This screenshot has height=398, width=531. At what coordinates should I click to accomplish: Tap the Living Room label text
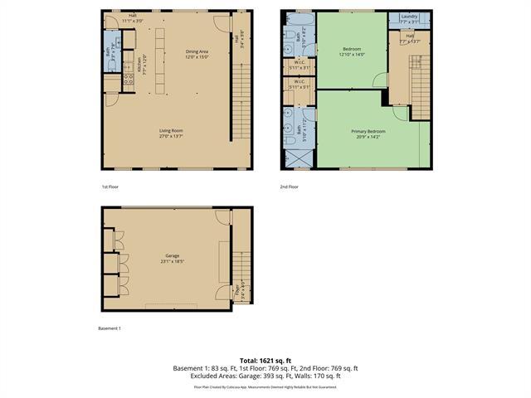[x=171, y=130]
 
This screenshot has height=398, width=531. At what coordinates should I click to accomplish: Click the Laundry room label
[x=409, y=17]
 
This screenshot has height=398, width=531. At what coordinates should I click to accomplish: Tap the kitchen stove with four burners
[x=129, y=80]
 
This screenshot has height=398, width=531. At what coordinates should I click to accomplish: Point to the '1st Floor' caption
[x=110, y=187]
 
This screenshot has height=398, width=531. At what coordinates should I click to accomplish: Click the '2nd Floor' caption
[x=289, y=187]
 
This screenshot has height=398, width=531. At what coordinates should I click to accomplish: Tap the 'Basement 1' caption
[x=110, y=328]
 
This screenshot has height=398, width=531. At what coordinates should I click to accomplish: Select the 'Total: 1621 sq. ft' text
[x=265, y=360]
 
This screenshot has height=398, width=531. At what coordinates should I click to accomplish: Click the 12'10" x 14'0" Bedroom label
[x=353, y=51]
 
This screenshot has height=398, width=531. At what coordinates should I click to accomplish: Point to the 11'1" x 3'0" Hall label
[x=133, y=17]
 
